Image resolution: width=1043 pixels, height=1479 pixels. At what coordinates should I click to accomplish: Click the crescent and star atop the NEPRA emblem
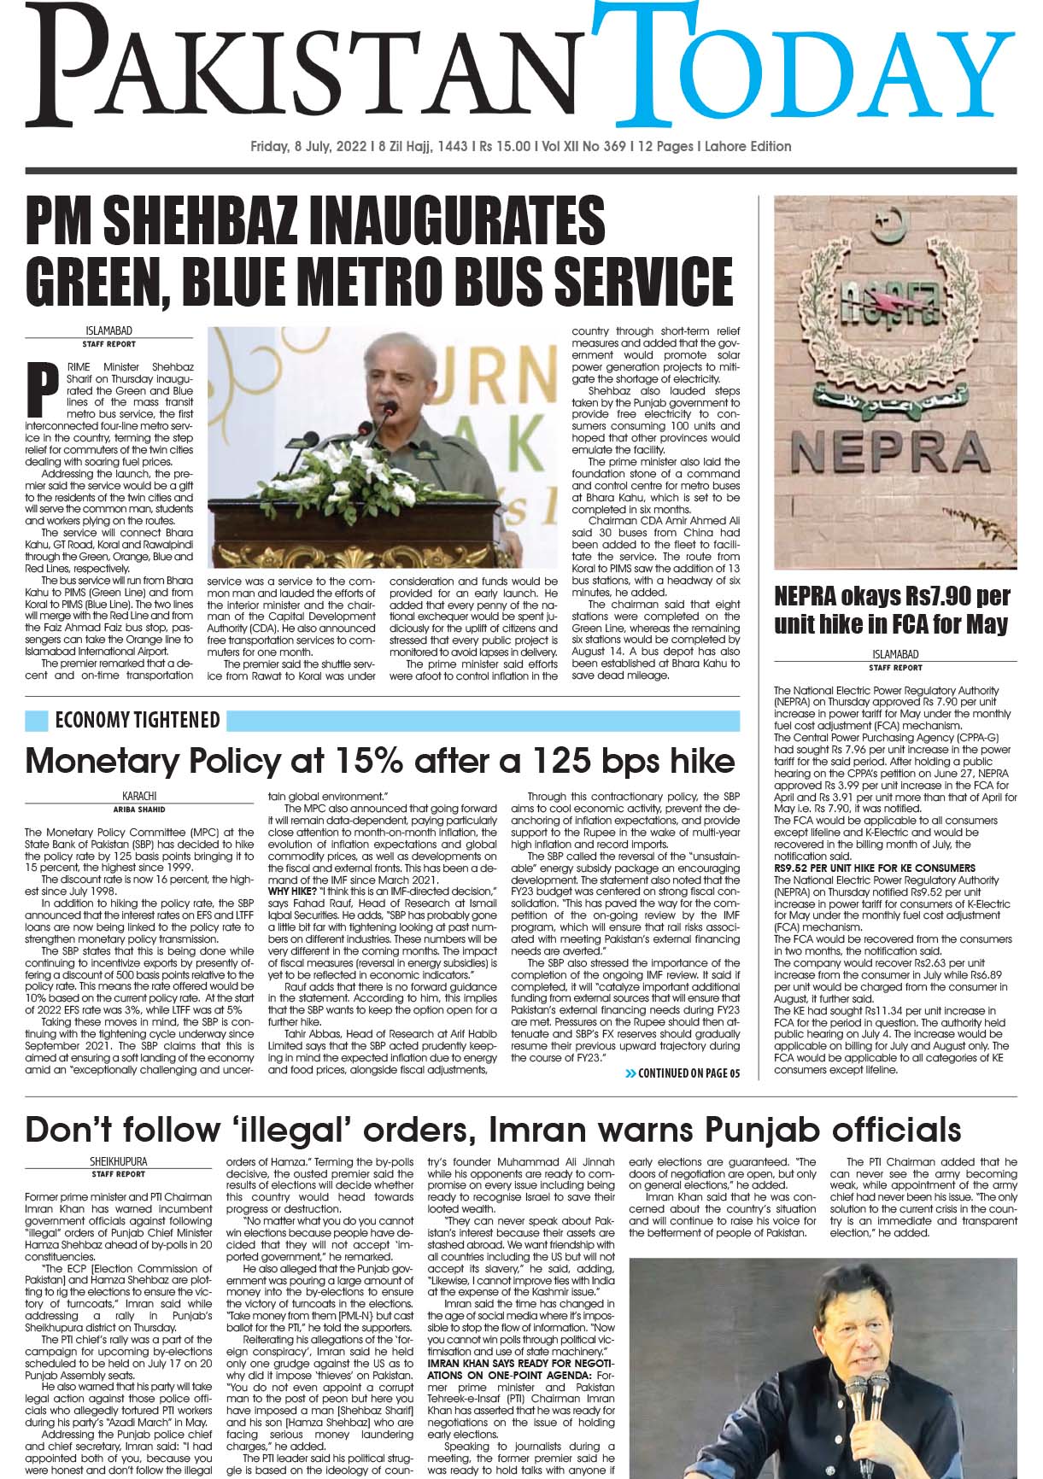pyautogui.click(x=894, y=224)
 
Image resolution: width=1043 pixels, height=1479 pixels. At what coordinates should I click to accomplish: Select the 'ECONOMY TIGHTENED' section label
pyautogui.click(x=137, y=721)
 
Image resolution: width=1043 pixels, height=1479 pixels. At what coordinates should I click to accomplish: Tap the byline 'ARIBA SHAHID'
pyautogui.click(x=140, y=808)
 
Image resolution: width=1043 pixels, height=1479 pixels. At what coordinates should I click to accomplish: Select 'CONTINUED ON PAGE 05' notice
pyautogui.click(x=688, y=1073)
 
